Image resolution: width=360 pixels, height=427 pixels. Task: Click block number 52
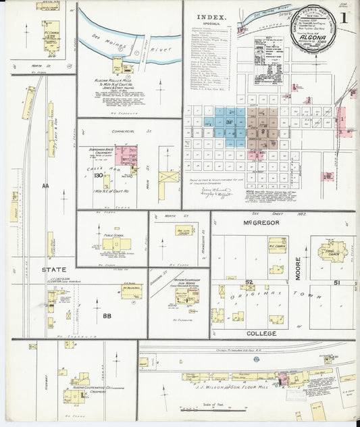point(249,282)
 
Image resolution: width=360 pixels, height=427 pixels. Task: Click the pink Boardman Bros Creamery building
point(126,155)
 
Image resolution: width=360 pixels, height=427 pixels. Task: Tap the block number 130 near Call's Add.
point(99,176)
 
